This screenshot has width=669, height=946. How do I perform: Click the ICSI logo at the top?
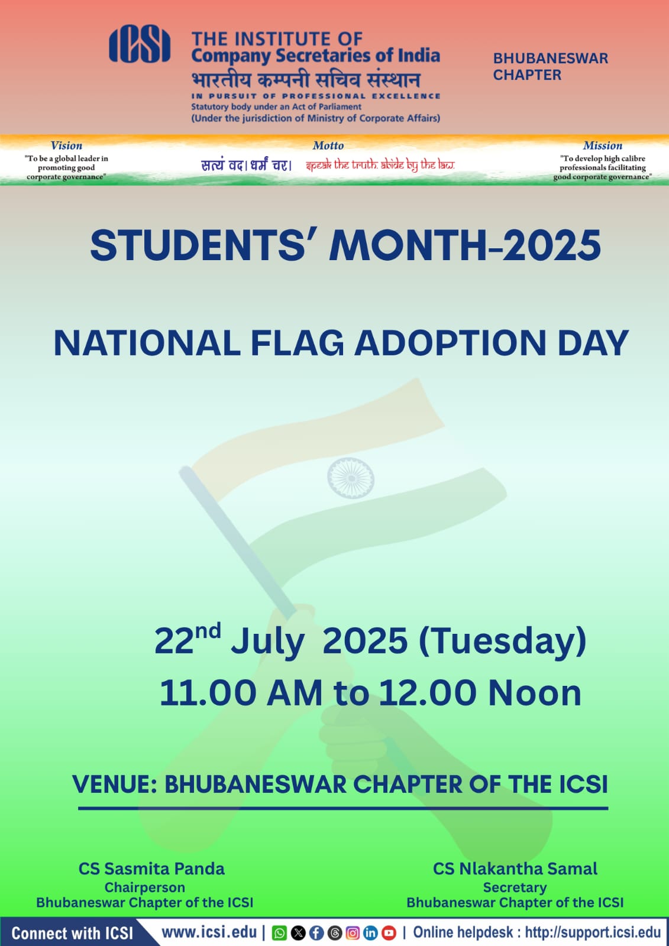[140, 44]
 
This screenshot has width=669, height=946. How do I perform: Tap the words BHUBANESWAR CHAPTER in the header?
[551, 66]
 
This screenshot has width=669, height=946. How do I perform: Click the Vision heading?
[66, 145]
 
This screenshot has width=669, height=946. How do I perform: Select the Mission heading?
[603, 145]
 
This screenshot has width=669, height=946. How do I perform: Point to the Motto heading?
[328, 145]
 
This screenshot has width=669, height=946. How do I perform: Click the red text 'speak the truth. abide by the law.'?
[380, 165]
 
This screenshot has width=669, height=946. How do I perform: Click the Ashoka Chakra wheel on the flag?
[351, 478]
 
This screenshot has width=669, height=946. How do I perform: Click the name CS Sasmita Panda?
[151, 869]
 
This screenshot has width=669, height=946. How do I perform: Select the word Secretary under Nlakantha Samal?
[515, 887]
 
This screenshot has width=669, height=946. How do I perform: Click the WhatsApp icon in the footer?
[279, 933]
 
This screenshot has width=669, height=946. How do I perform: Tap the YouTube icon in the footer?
[389, 932]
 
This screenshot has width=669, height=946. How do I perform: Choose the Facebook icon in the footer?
[316, 932]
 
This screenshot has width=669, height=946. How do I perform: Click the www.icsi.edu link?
[209, 932]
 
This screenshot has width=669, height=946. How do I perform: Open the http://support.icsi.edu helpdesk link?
[593, 932]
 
